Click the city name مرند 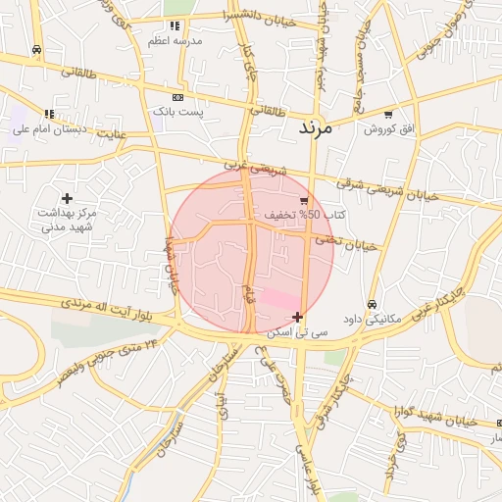[316, 127]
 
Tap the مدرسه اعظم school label [175, 40]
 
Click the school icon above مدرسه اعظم [175, 25]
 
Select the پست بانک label [177, 113]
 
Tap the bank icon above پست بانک [177, 98]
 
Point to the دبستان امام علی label [49, 128]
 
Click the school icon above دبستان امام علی [49, 114]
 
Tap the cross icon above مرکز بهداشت [67, 199]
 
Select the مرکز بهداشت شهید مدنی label [67, 220]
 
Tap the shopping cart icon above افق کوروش [388, 115]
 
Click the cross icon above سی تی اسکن [297, 316]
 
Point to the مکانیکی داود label [373, 319]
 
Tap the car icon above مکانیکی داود [373, 304]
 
